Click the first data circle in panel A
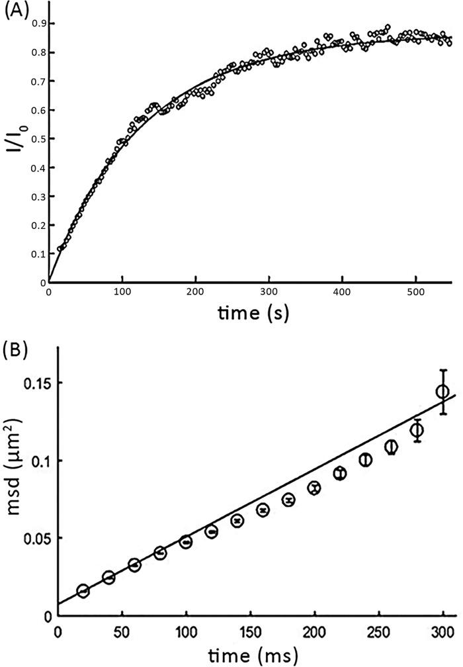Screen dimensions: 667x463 (60, 249)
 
